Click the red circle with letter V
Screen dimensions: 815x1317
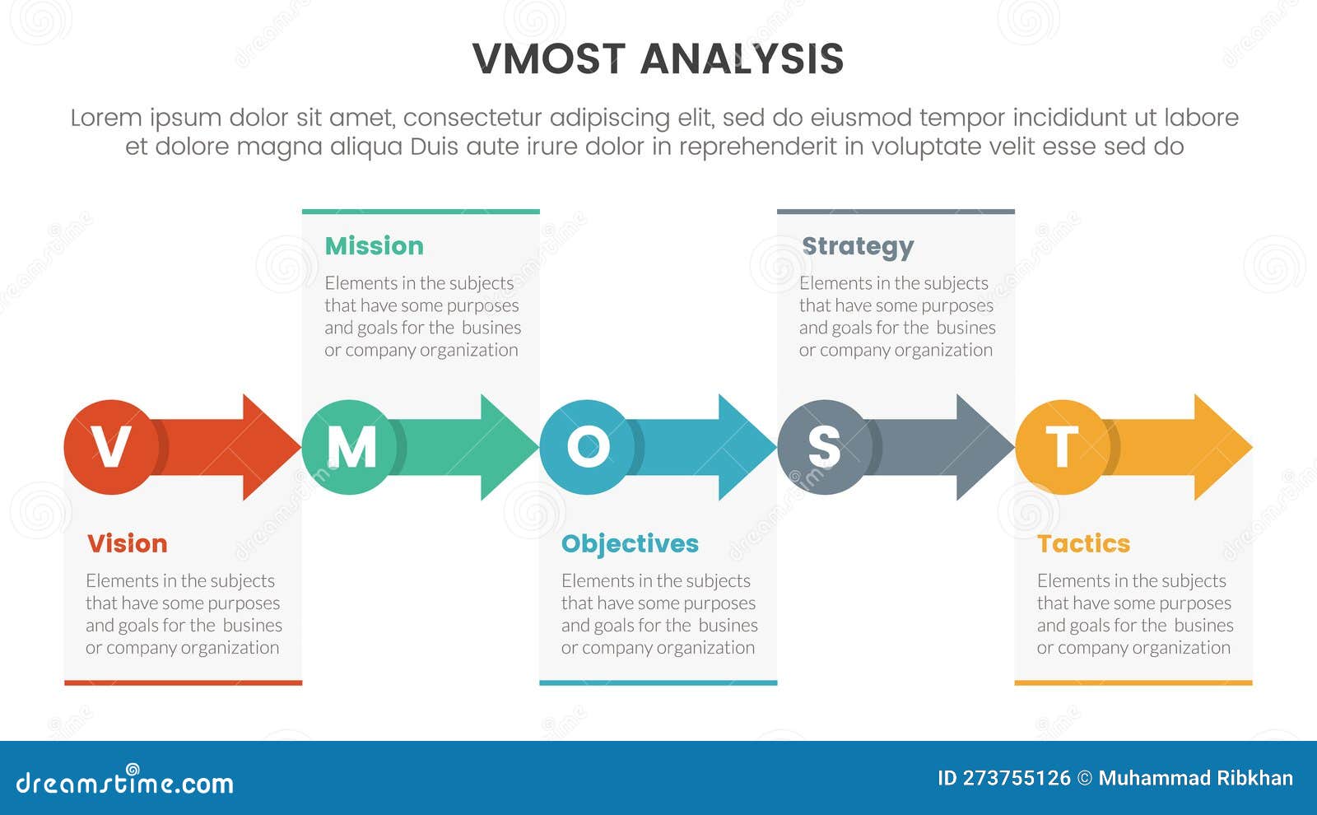110,447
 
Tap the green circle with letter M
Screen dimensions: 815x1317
349,447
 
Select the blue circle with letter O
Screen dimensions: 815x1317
587,447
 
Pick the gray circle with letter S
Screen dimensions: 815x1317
824,447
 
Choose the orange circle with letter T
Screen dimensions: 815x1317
1062,447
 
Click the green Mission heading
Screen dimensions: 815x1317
374,246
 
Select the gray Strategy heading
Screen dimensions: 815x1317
857,246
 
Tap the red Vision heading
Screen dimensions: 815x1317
127,543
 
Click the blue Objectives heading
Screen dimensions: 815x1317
630,543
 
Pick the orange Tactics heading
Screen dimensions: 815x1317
1083,543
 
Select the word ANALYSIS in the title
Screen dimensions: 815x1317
742,59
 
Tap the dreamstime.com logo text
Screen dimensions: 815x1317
124,782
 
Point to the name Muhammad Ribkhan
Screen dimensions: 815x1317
1195,778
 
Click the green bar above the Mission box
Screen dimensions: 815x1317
421,212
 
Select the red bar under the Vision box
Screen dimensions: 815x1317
183,682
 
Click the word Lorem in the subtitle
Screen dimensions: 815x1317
105,118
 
